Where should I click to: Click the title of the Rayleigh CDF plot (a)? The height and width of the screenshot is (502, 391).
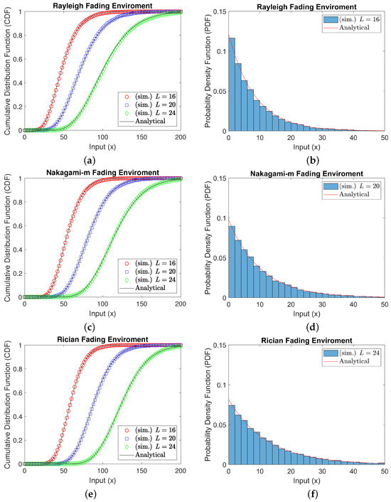[102, 6]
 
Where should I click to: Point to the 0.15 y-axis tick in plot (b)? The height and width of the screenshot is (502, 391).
[219, 12]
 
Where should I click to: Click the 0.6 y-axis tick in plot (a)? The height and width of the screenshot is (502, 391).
[17, 60]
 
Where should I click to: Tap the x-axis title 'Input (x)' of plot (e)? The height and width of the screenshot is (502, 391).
[102, 481]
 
